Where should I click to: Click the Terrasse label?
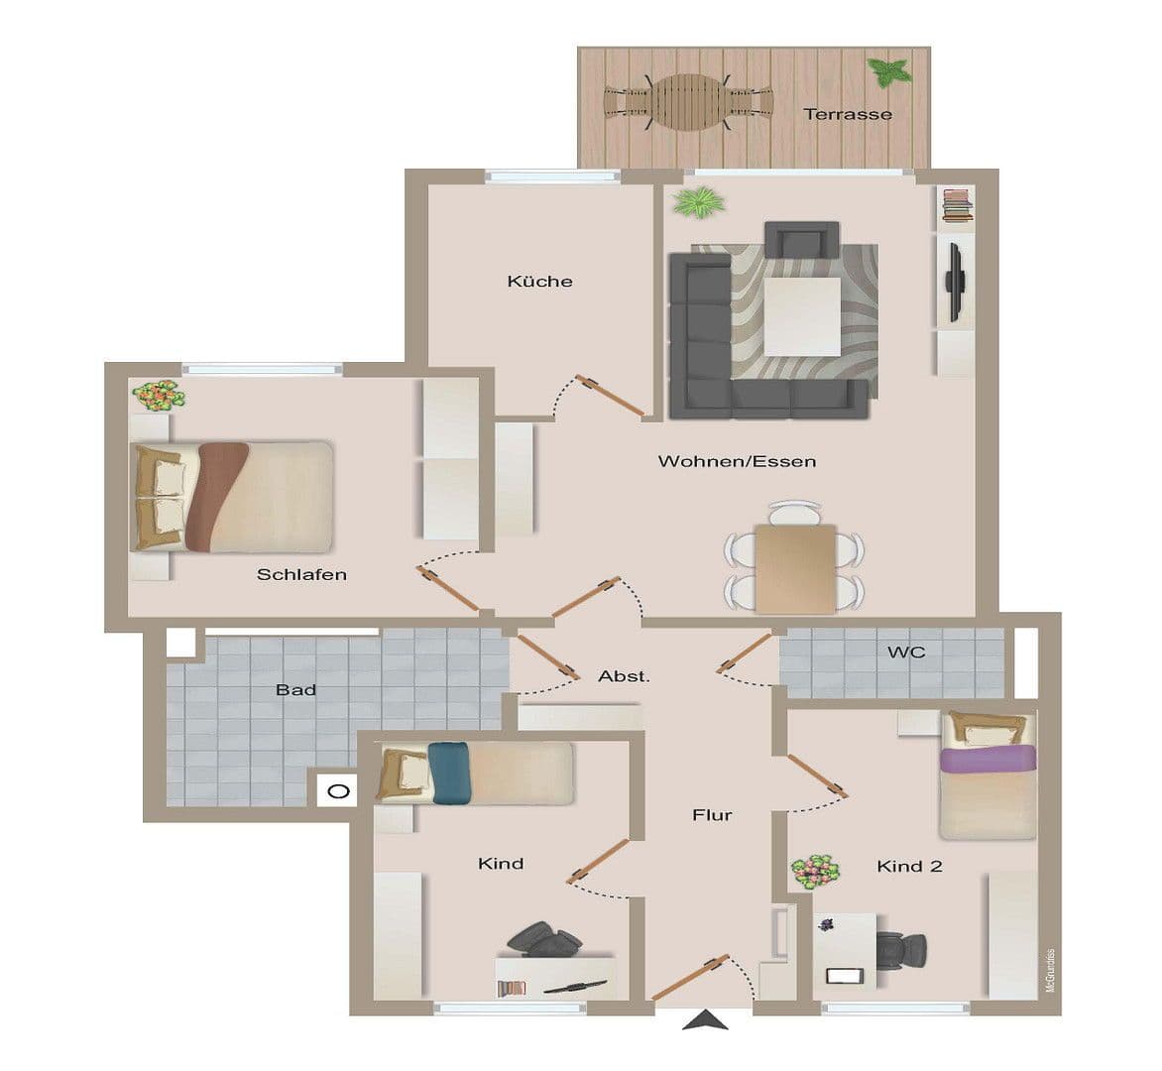(x=848, y=114)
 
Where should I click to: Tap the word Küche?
(x=539, y=282)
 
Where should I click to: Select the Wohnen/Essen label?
(x=737, y=461)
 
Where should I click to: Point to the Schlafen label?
(x=301, y=574)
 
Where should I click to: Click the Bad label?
(x=295, y=689)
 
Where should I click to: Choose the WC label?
(x=906, y=652)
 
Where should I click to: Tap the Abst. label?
(x=624, y=676)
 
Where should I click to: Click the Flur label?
(x=712, y=815)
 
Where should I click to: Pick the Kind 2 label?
(x=909, y=867)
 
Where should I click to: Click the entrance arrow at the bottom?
(x=705, y=1020)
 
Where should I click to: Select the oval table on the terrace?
(x=688, y=102)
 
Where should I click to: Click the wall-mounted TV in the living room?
(x=955, y=282)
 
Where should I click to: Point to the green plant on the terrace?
(x=889, y=71)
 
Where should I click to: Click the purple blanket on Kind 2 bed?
(x=987, y=760)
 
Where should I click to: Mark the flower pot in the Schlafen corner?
(x=159, y=396)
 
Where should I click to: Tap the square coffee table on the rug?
(x=801, y=316)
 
